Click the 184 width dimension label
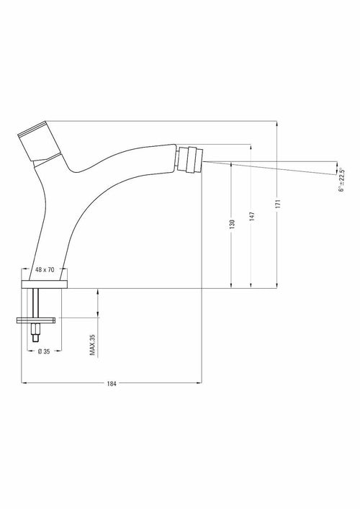112,384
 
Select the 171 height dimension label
278,204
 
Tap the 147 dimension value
252,217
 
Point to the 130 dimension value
232,225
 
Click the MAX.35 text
93,344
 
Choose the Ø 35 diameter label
44,351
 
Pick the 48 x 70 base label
45,270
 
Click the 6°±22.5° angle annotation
341,180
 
